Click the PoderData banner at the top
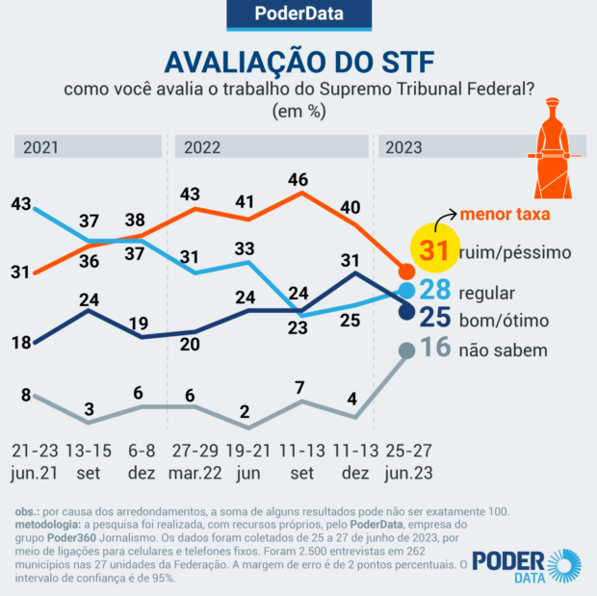coord(298,14)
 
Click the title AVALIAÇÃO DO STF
coord(298,62)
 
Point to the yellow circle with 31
coord(436,252)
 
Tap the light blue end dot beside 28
coord(406,291)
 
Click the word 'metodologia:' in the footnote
coord(47,524)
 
